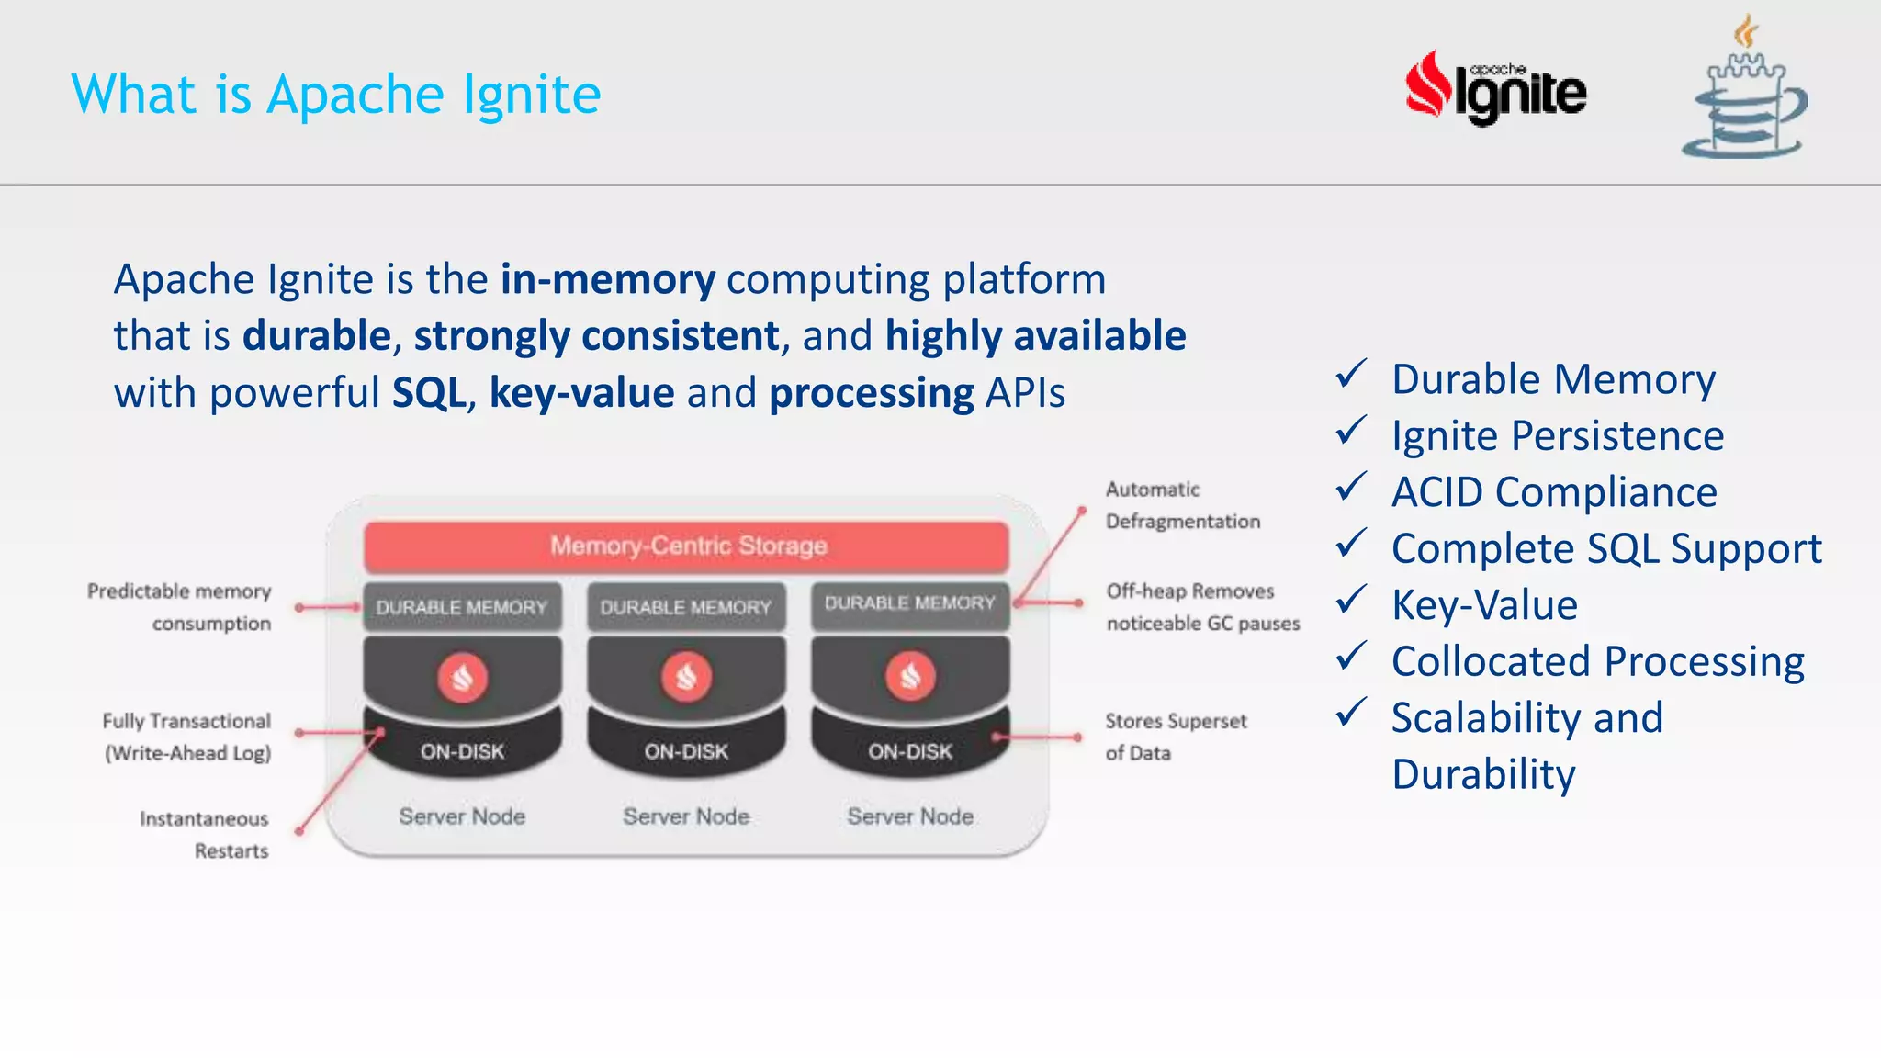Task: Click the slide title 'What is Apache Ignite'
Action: point(336,95)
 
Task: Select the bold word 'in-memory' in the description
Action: point(607,279)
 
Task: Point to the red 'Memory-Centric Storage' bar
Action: point(687,546)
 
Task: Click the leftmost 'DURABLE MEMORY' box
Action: point(462,607)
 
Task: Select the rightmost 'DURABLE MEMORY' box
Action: point(909,603)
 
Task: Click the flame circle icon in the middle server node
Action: point(686,678)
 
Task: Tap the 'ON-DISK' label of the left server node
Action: point(462,751)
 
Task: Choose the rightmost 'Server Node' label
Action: point(909,816)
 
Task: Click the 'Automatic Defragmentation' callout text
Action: point(1182,505)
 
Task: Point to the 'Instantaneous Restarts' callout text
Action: point(205,834)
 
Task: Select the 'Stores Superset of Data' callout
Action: point(1175,737)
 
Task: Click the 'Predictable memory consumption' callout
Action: point(181,607)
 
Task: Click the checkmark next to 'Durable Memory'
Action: point(1351,375)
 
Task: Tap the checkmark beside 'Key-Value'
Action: point(1351,601)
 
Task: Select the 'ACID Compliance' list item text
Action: point(1554,492)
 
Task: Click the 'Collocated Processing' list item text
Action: point(1597,661)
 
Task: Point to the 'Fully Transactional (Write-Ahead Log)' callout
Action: point(187,737)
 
